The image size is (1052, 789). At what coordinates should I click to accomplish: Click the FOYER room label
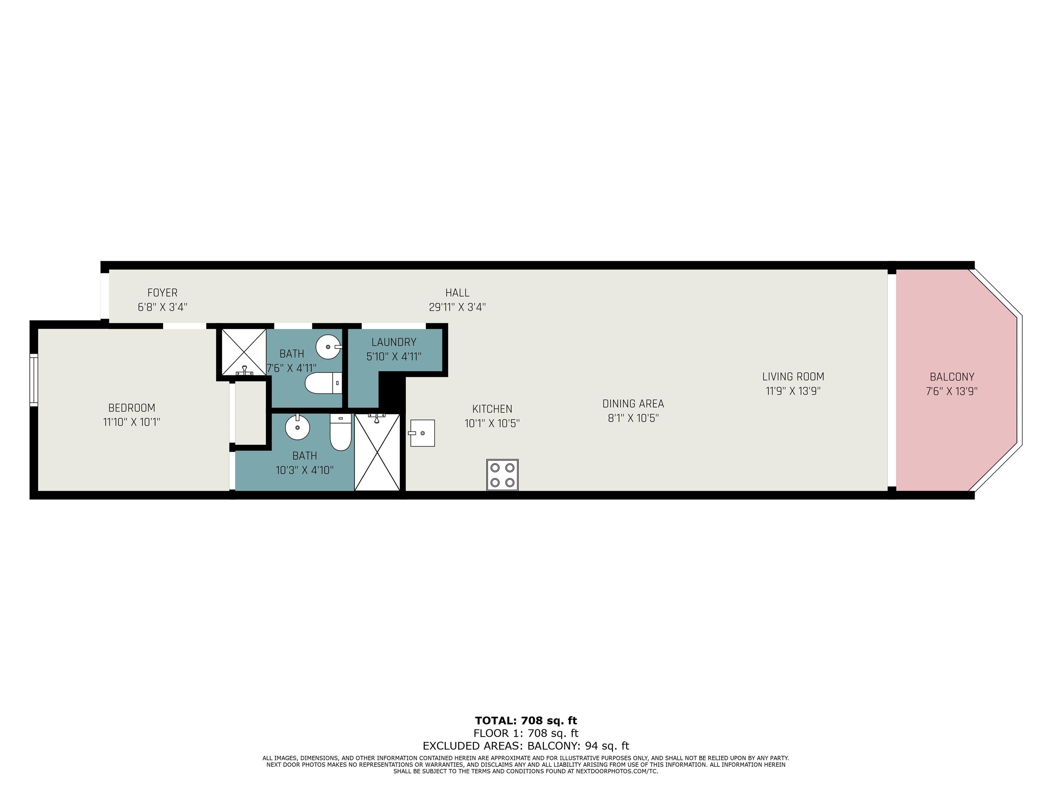(162, 293)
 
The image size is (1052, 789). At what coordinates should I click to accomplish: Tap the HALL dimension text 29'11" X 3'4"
(457, 307)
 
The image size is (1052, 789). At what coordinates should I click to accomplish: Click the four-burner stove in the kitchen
(502, 475)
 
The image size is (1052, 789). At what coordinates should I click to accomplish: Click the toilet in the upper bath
(323, 383)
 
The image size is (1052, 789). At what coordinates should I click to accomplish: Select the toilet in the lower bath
(340, 432)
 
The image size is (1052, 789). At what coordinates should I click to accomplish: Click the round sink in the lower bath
(297, 427)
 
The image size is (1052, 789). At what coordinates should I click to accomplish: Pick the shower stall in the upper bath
(244, 352)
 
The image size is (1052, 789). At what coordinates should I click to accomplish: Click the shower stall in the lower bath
(377, 452)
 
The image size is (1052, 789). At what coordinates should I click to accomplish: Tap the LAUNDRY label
(394, 342)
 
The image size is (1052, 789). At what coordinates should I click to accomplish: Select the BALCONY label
(952, 377)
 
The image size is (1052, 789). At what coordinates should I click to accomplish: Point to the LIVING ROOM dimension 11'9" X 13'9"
(793, 391)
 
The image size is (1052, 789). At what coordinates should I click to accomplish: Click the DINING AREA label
(633, 404)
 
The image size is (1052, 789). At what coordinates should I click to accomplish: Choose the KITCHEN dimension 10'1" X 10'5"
(492, 423)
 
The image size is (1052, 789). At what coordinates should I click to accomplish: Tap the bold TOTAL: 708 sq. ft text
(526, 721)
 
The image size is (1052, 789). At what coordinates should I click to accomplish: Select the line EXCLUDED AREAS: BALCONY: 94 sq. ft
(526, 746)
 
